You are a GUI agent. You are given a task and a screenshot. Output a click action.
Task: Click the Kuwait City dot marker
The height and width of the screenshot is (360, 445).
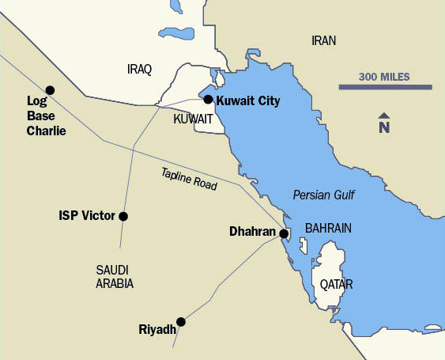(x=208, y=100)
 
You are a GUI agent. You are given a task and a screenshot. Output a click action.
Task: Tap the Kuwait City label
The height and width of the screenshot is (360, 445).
(x=247, y=100)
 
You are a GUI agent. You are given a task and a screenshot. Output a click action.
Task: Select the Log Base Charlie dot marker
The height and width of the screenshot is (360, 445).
(x=50, y=90)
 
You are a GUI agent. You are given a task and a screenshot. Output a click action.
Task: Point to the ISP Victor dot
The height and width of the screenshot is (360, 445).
(x=123, y=215)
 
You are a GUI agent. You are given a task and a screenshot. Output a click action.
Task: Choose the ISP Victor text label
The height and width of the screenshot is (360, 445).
(x=87, y=215)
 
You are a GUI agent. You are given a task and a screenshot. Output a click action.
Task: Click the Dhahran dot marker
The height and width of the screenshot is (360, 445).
(x=284, y=233)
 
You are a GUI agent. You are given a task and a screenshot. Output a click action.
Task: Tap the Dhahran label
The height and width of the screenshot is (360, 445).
(x=253, y=233)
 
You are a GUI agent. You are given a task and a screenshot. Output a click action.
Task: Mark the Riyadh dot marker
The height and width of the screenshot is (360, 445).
(x=181, y=321)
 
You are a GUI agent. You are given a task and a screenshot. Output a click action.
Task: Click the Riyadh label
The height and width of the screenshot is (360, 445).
(x=157, y=329)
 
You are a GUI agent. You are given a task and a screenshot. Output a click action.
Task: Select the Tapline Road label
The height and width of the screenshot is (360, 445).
(x=188, y=178)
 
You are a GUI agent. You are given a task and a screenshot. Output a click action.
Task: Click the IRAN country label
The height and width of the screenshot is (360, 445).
(x=324, y=40)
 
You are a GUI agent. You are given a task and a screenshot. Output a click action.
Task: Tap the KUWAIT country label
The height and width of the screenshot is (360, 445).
(x=193, y=119)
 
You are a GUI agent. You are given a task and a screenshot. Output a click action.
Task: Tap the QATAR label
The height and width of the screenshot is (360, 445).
(x=336, y=284)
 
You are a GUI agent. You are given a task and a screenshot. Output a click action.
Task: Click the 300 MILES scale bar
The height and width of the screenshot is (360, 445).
(x=385, y=86)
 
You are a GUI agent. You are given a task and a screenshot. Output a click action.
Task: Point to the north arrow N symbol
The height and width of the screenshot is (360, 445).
(x=384, y=124)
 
